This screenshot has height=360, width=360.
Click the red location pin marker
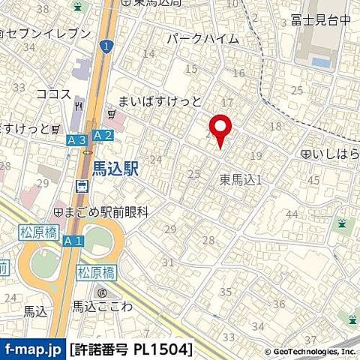tap(219, 130)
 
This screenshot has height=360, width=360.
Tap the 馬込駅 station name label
tap(116, 170)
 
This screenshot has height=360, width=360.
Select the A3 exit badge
tap(75, 139)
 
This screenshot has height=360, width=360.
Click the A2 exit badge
tap(103, 135)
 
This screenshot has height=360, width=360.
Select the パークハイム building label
tap(202, 38)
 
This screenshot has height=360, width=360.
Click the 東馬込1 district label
tap(240, 179)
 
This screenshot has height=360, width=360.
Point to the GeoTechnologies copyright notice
tap(310, 351)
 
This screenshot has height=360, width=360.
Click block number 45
tap(313, 180)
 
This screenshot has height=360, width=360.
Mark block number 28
tap(208, 240)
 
